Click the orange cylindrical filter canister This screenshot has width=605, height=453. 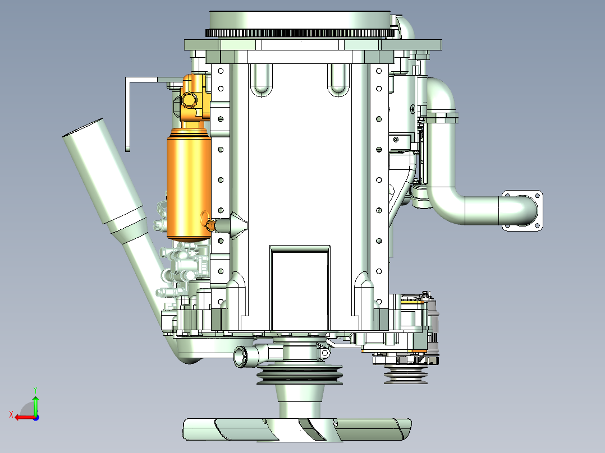(189, 185)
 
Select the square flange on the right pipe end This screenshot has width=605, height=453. (522, 210)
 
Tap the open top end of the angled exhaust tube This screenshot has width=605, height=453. (82, 128)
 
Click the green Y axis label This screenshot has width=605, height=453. (35, 390)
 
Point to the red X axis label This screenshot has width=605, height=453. (11, 414)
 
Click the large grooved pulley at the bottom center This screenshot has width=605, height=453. (300, 374)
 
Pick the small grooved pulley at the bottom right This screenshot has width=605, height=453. (406, 375)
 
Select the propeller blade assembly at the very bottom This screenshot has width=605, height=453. (297, 429)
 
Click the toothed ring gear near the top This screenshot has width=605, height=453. (301, 33)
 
